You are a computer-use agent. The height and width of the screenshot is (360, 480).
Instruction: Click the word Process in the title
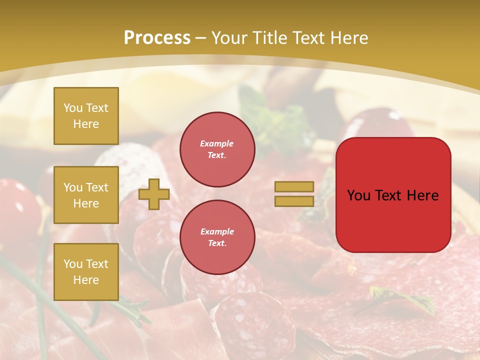click(x=157, y=38)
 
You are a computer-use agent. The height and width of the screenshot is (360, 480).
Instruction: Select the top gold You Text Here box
click(x=86, y=116)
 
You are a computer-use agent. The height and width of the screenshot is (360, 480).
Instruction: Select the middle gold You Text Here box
click(x=86, y=195)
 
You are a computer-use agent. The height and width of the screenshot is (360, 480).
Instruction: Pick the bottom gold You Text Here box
click(x=86, y=271)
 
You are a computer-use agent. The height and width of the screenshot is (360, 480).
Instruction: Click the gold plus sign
click(x=154, y=194)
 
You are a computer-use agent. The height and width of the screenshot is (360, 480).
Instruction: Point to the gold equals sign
click(x=294, y=194)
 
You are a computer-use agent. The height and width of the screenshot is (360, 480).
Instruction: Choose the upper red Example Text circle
click(x=217, y=149)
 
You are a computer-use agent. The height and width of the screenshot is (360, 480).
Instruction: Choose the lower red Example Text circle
click(x=217, y=237)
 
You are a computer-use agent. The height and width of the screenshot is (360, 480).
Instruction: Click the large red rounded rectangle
click(x=393, y=195)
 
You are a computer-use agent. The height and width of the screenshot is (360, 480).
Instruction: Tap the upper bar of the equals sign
click(x=294, y=186)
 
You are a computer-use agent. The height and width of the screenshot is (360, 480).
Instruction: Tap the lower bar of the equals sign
click(x=294, y=201)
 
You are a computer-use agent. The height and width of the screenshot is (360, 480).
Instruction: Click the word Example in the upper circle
click(x=217, y=143)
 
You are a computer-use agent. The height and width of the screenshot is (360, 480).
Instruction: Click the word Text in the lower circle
click(x=217, y=243)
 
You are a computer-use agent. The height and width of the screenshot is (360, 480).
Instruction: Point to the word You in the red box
click(x=358, y=195)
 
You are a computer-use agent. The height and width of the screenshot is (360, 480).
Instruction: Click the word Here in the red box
click(x=422, y=195)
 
